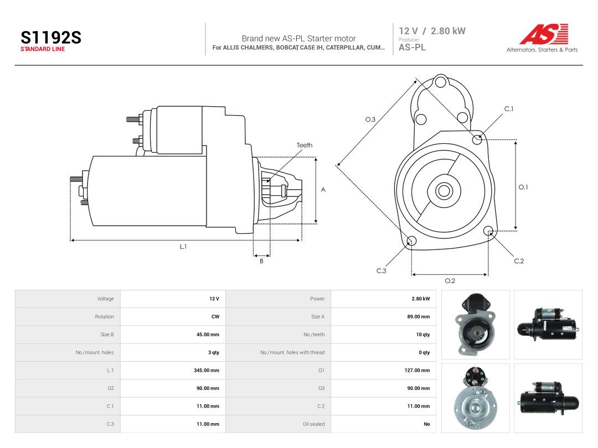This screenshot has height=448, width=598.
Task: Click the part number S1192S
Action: [x=51, y=38]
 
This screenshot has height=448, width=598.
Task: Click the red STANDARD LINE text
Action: [x=43, y=49]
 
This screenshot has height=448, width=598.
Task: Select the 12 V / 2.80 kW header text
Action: [x=432, y=31]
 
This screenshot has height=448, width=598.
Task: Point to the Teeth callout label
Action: [x=305, y=145]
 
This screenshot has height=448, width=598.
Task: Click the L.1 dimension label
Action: [x=183, y=247]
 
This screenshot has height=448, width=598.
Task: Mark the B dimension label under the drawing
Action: [x=261, y=261]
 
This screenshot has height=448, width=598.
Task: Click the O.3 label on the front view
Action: [x=370, y=119]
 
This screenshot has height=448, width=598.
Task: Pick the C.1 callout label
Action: [x=509, y=109]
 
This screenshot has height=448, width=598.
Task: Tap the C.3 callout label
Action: [x=382, y=271]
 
